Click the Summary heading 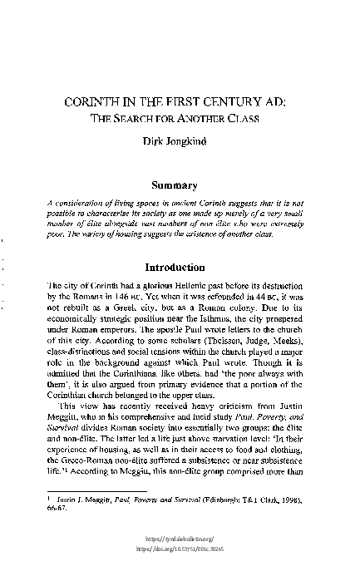pyautogui.click(x=179, y=188)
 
